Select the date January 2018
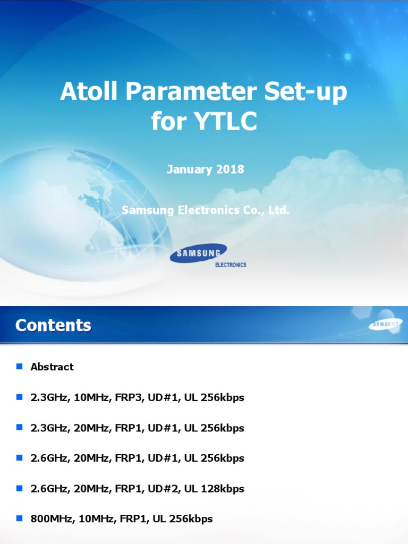coord(205,169)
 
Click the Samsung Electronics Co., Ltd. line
coord(205,210)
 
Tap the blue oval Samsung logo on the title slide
coord(198,253)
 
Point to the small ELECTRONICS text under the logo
coord(230,265)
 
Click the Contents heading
coord(53,325)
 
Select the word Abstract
coord(52,367)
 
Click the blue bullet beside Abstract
coord(20,366)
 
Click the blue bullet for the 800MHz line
coord(20,518)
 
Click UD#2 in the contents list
coord(166,488)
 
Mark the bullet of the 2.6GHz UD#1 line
coord(20,457)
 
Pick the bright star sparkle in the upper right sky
coord(348,56)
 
